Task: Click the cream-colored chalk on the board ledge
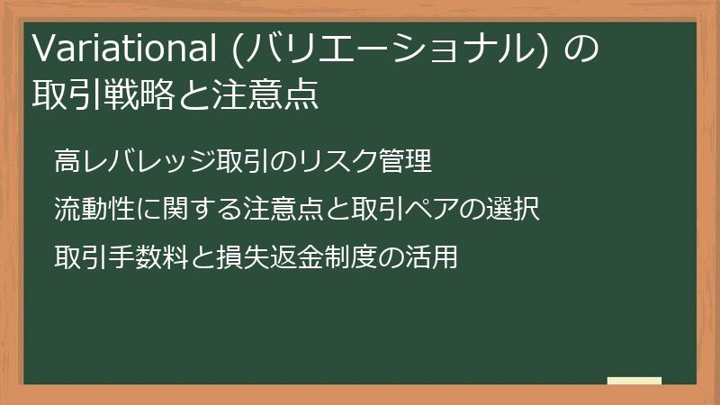coord(634,380)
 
